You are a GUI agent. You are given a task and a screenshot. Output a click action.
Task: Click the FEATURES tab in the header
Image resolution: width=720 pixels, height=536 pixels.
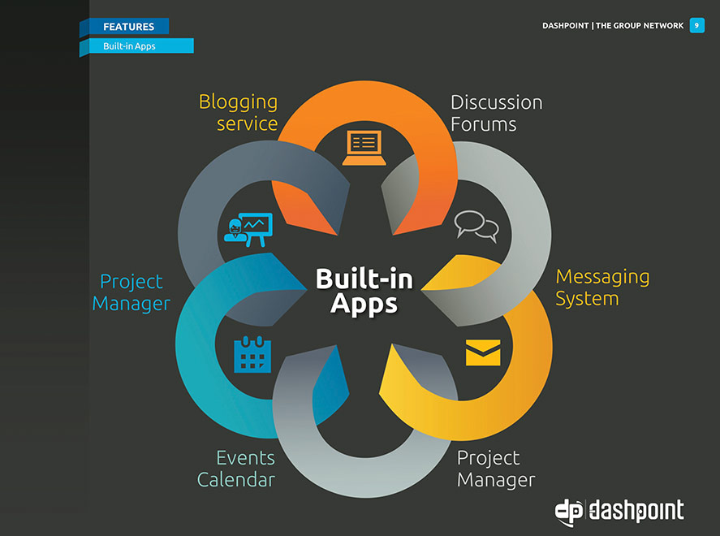click(129, 26)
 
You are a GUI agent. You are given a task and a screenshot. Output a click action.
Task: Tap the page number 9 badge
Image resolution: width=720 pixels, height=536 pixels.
click(696, 25)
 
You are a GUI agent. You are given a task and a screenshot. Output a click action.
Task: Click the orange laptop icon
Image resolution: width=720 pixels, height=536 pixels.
click(364, 148)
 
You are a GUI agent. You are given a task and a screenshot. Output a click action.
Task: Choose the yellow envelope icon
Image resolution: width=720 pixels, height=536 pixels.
click(483, 352)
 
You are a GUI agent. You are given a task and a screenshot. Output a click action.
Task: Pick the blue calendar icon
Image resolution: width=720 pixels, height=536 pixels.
click(252, 354)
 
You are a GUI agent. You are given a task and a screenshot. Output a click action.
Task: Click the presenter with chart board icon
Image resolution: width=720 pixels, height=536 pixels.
click(248, 230)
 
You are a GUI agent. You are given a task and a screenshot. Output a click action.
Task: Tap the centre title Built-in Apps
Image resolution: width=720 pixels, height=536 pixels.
click(364, 292)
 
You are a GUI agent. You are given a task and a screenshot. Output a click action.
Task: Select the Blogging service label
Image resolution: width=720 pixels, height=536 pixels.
click(239, 113)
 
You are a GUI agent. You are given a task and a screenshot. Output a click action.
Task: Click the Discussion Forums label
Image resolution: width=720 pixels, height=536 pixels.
click(497, 113)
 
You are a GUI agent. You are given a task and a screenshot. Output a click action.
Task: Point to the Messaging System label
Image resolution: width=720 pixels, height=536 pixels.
click(602, 287)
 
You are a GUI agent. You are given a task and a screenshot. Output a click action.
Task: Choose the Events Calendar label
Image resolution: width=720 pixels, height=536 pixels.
click(236, 469)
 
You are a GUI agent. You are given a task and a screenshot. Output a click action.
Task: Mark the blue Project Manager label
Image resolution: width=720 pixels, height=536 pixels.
click(131, 292)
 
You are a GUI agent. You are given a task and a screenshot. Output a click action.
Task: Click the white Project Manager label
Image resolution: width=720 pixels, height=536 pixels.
click(496, 469)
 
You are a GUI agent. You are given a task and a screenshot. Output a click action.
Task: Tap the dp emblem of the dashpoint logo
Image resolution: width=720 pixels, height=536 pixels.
click(568, 512)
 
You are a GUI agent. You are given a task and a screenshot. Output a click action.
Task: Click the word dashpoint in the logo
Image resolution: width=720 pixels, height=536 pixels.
click(636, 510)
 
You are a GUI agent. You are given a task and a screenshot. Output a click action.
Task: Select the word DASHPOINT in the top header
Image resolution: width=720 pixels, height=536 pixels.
click(565, 26)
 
